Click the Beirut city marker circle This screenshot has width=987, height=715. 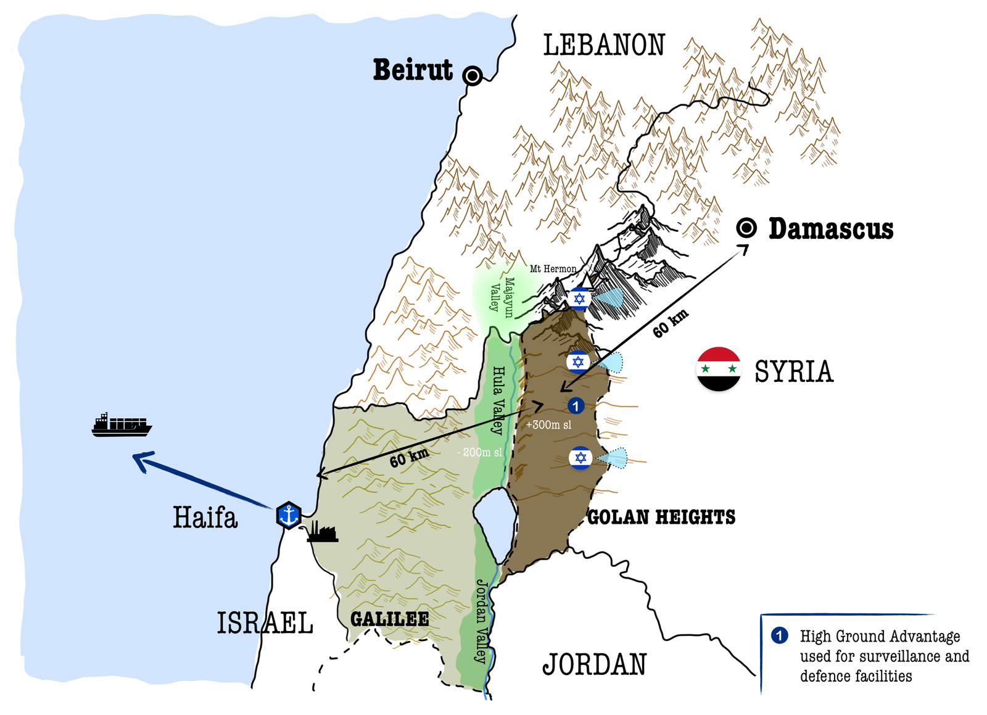[x=473, y=76]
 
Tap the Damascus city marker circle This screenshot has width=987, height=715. [x=746, y=228]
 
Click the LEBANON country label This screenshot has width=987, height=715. [x=604, y=46]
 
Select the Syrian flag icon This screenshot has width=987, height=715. [x=718, y=369]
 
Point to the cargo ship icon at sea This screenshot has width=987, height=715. [x=122, y=425]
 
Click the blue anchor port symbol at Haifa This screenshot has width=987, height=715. [x=288, y=515]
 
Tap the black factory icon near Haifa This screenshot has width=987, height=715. [x=322, y=532]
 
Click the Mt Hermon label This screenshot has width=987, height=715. [x=553, y=269]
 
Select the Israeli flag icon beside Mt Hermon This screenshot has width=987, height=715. [x=579, y=299]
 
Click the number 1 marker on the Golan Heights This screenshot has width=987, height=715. [x=576, y=405]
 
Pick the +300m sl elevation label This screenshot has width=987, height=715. [x=548, y=425]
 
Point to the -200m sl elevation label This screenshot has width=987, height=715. [x=479, y=452]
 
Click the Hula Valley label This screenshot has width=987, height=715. [x=497, y=400]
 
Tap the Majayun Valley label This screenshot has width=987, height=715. [x=502, y=297]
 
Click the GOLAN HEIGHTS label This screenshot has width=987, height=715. [x=661, y=517]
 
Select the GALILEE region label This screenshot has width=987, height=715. [x=389, y=619]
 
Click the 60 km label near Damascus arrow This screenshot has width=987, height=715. [x=670, y=324]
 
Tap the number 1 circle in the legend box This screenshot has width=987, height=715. [x=779, y=635]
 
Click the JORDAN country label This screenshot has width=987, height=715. [x=594, y=664]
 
